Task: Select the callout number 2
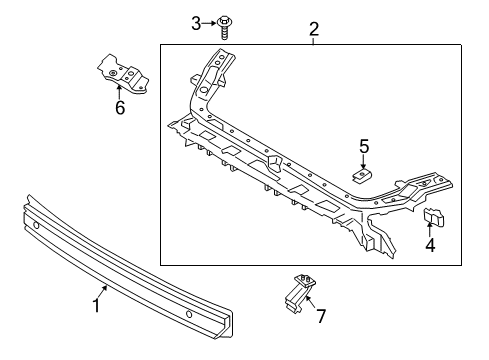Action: click(313, 29)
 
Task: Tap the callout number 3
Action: click(197, 22)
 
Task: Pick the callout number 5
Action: click(365, 149)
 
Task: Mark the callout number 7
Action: click(320, 317)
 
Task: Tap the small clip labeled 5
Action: click(363, 176)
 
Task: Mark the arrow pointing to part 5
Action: click(364, 163)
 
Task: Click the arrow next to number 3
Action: click(210, 22)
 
